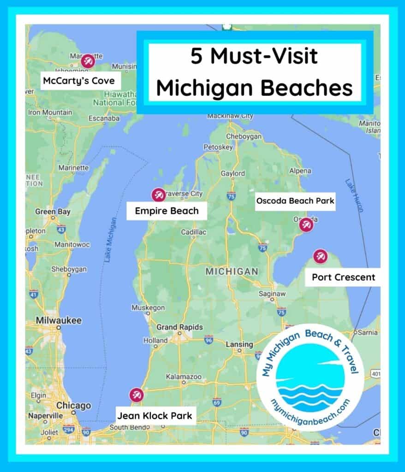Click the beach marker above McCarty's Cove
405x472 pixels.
click(x=87, y=61)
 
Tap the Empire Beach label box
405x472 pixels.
click(x=167, y=211)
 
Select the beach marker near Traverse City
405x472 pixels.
click(x=158, y=195)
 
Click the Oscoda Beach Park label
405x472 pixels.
click(x=295, y=201)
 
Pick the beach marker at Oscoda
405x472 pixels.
click(x=306, y=225)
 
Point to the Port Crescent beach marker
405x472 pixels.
click(x=320, y=256)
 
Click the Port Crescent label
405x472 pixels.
click(x=343, y=277)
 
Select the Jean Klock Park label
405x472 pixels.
click(x=154, y=416)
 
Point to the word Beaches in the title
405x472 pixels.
click(x=309, y=88)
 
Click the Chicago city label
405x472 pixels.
click(x=73, y=406)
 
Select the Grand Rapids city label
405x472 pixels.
click(x=179, y=327)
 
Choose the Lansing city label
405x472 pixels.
click(x=239, y=344)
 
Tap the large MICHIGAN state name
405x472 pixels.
click(x=232, y=271)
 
